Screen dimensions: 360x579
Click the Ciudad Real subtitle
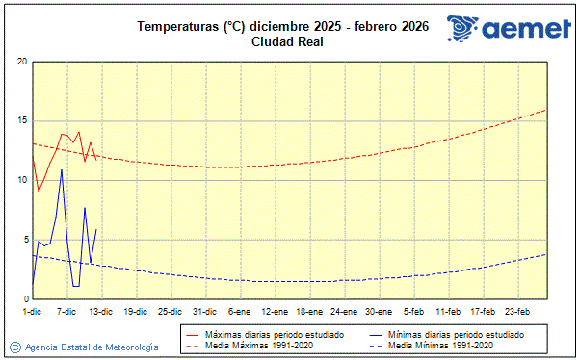[x=288, y=41]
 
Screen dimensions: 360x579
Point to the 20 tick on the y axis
[x=21, y=62]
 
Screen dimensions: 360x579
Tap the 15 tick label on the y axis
[x=21, y=121]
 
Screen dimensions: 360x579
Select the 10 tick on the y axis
[x=21, y=180]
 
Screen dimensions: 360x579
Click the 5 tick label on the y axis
[x=23, y=240]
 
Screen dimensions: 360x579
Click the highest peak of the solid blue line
[x=62, y=170]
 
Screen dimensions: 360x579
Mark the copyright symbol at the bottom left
[x=15, y=347]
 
